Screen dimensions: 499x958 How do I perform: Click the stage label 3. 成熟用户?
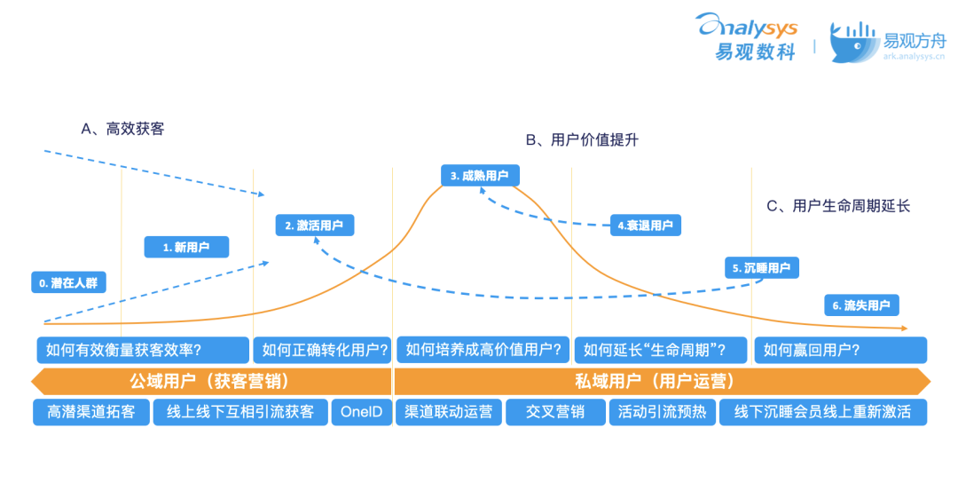click(479, 176)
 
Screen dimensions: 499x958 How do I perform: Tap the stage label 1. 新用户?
click(186, 247)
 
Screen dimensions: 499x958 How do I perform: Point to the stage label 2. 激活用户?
click(314, 226)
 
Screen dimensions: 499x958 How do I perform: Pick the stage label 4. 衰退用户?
click(645, 225)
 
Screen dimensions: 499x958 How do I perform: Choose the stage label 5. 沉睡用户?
click(761, 267)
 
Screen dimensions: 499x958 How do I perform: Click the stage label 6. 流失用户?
click(860, 305)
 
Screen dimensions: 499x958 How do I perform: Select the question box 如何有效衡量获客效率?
click(143, 350)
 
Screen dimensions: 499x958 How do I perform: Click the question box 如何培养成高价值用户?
click(483, 350)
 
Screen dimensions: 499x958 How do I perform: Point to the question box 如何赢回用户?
click(840, 350)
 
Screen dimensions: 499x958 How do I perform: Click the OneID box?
click(361, 412)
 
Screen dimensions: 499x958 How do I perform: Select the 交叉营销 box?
click(554, 412)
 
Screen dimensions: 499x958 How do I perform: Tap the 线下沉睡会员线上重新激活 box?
click(822, 412)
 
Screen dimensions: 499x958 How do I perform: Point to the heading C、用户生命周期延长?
click(837, 206)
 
